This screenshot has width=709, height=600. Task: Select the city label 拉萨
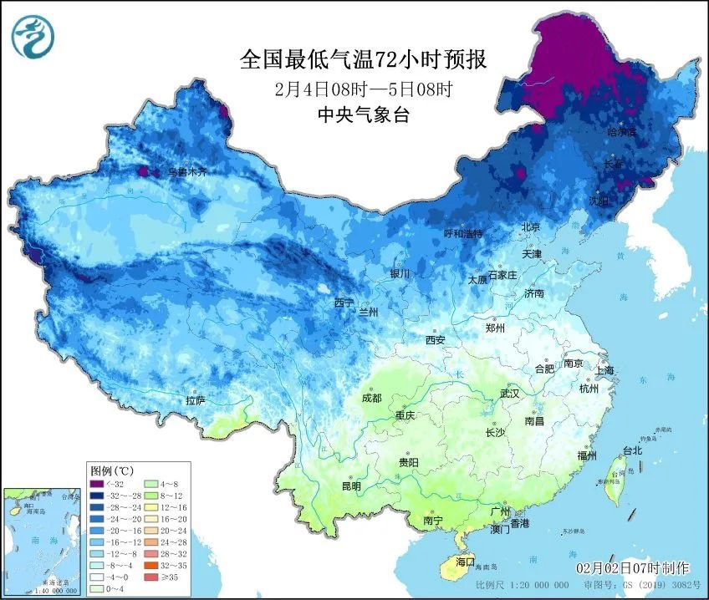point(195,401)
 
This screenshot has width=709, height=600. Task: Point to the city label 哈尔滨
point(621,132)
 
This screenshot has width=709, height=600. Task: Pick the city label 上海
point(604,370)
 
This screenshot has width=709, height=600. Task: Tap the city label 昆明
point(351,486)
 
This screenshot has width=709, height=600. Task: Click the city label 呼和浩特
point(462,233)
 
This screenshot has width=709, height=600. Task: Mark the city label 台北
point(632,450)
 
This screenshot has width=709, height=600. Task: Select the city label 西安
point(436,340)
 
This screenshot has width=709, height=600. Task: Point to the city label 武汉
point(509,393)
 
